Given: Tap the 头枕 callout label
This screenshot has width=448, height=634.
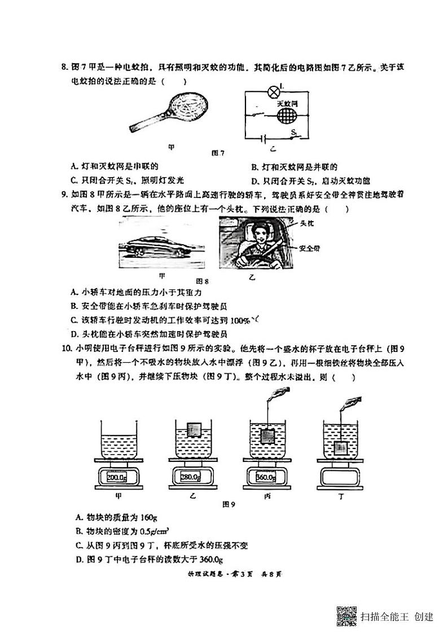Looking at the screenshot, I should click(307, 224).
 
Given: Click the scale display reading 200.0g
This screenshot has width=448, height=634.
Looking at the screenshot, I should click(118, 477).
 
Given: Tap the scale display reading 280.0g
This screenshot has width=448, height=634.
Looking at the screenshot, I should click(191, 477).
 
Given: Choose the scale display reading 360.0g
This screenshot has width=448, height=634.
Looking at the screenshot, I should click(266, 477).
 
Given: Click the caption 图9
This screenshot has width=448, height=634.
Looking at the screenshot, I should click(229, 504).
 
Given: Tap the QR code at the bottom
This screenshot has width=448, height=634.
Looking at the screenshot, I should click(346, 615).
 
